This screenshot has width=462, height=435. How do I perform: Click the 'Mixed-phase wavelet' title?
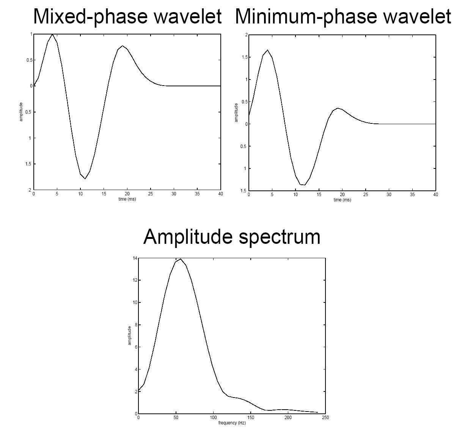tap(127, 17)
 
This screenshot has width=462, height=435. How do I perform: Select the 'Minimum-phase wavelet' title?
tap(343, 17)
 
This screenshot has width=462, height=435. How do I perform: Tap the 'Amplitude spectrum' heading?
tap(232, 237)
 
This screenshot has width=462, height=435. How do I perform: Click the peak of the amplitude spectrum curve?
tap(181, 259)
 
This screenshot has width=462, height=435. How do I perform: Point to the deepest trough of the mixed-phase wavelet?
tap(85, 178)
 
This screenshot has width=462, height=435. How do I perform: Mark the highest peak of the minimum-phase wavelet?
tap(267, 50)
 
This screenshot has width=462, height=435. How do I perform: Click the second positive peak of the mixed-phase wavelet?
tap(122, 46)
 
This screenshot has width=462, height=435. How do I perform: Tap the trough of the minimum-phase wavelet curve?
tap(303, 185)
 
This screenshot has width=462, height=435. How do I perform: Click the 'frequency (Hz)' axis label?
tap(232, 423)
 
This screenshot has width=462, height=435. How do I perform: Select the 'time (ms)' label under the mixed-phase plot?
tap(127, 199)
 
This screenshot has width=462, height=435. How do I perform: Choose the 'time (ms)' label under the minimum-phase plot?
tap(342, 200)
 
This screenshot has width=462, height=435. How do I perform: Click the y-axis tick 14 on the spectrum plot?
tap(135, 259)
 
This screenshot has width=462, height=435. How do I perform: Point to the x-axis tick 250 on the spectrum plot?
tap(325, 418)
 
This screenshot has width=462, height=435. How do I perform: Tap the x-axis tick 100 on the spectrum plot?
tap(213, 418)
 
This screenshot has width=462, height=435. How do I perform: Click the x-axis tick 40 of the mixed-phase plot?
tap(221, 194)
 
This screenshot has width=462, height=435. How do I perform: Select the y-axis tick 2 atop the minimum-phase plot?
tap(246, 35)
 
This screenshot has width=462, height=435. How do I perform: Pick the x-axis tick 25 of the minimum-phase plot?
tap(366, 195)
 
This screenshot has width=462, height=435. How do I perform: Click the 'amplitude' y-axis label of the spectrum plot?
tap(130, 335)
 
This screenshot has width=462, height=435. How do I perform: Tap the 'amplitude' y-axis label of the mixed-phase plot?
tap(21, 112)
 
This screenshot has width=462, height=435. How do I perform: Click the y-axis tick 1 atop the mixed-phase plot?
tap(31, 34)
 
